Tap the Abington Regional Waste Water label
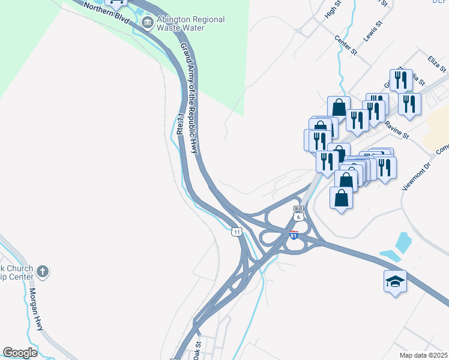[x=190, y=23]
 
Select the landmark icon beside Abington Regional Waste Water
[x=147, y=23]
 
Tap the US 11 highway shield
[x=238, y=231]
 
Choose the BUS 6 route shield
[x=298, y=214]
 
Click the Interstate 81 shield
[x=294, y=235]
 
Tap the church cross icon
[x=42, y=272]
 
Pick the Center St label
[x=346, y=46]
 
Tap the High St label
[x=333, y=9]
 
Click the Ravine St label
[x=397, y=130]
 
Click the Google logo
[x=20, y=353]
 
